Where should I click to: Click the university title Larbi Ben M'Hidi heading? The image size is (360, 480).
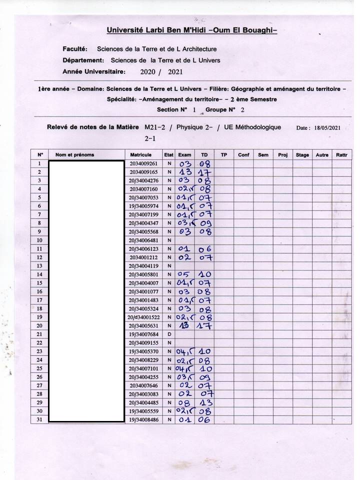(191, 30)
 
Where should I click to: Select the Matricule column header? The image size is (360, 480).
(144, 155)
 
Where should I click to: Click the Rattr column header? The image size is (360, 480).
(342, 155)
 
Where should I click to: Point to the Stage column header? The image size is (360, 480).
(302, 155)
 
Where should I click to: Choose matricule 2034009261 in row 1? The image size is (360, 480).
(144, 163)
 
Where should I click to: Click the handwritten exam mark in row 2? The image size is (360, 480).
(184, 172)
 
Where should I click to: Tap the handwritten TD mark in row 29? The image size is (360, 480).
(205, 402)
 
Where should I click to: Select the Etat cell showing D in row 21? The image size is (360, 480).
(169, 333)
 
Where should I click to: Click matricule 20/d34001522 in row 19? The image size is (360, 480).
(144, 317)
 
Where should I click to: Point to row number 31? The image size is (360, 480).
(39, 419)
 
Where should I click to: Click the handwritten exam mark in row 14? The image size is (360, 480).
(185, 274)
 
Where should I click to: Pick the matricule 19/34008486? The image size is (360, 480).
(144, 419)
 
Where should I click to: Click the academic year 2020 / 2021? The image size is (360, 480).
(161, 72)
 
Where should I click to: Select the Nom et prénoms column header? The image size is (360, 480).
(75, 155)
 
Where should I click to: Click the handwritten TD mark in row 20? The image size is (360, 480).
(205, 325)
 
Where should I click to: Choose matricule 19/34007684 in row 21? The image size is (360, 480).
(144, 333)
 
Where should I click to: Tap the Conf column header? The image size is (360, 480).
(243, 155)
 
